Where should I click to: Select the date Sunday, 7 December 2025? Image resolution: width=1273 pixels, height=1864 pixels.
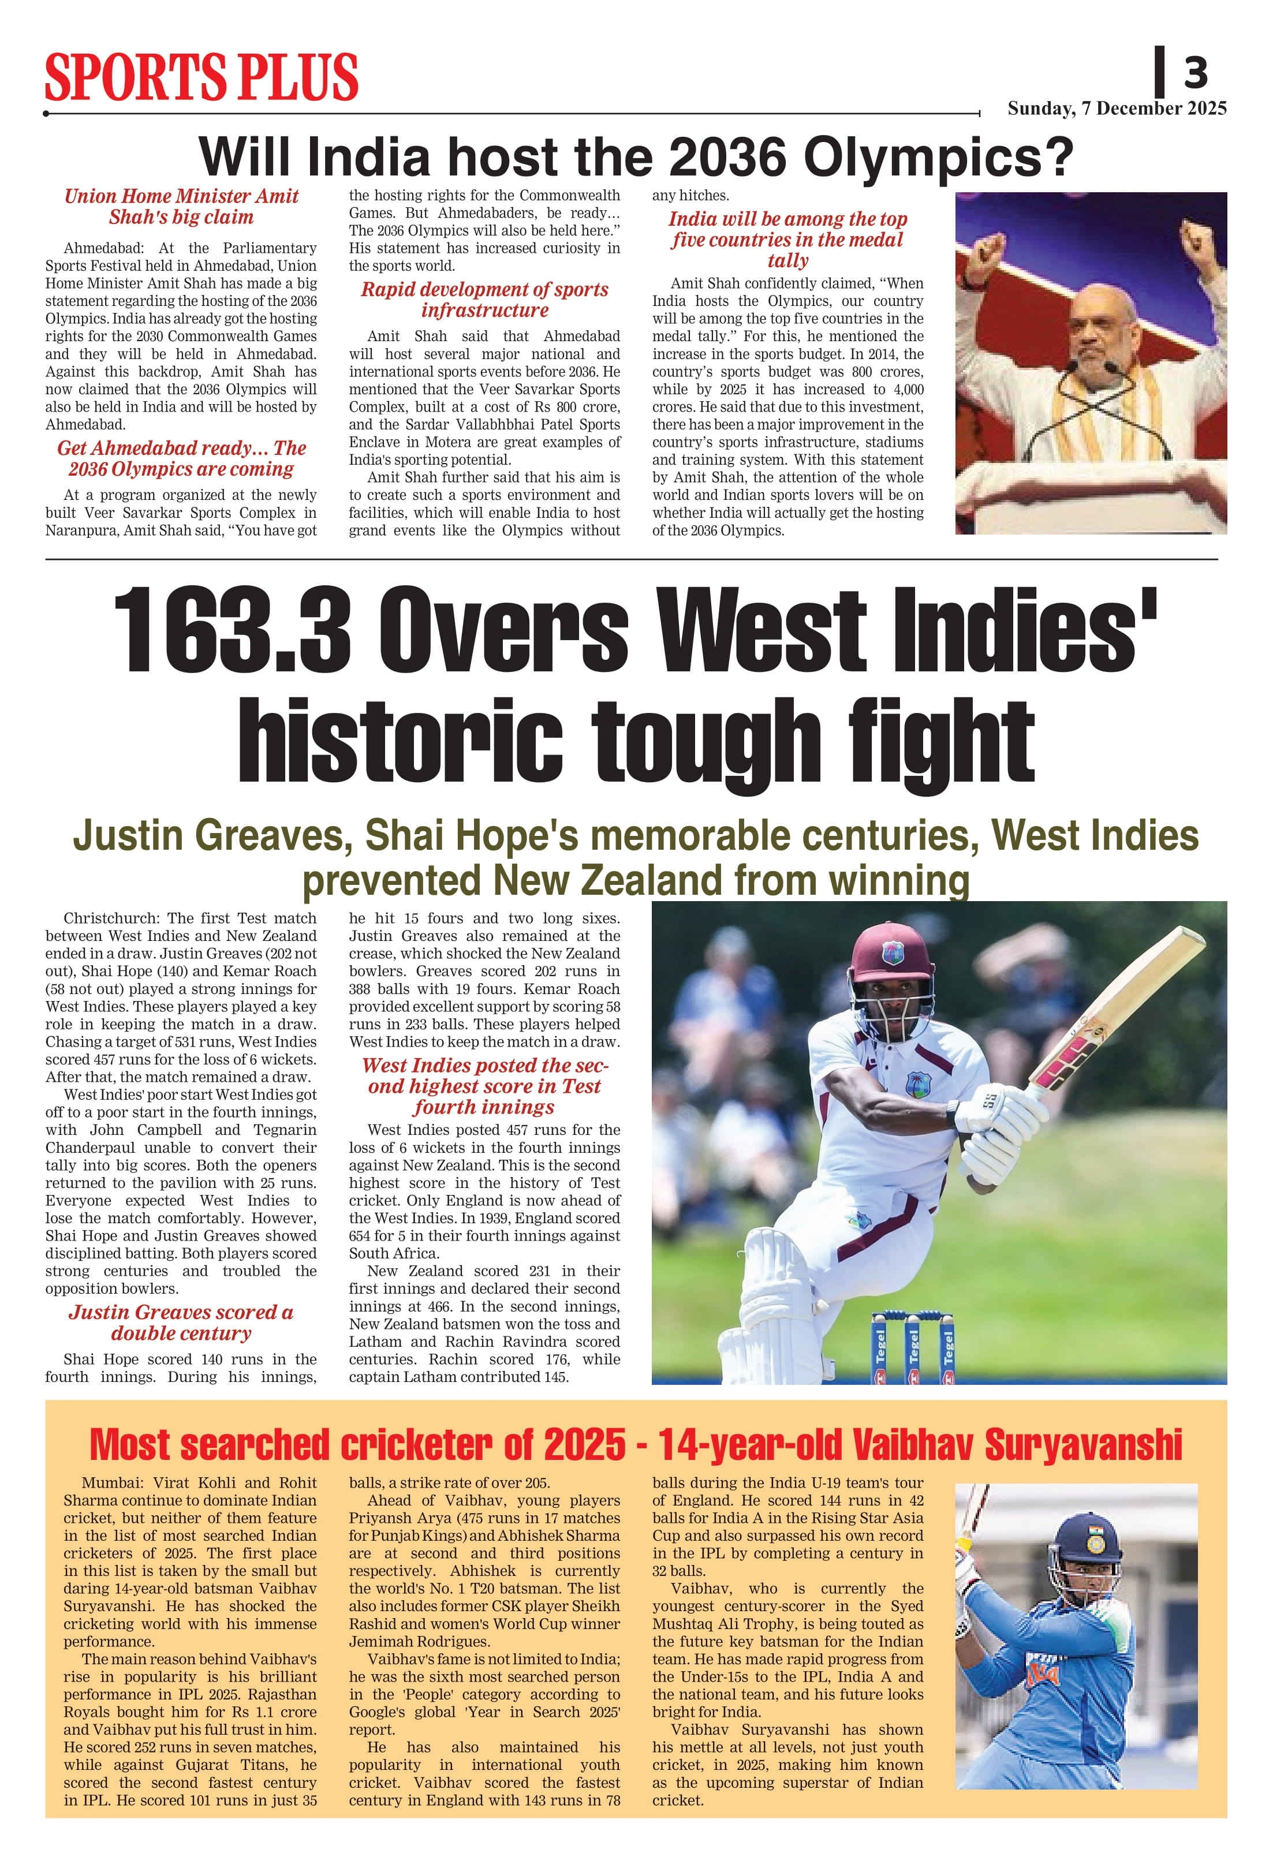pyautogui.click(x=1117, y=109)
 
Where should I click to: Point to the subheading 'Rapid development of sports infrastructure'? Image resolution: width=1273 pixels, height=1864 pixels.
pyautogui.click(x=484, y=300)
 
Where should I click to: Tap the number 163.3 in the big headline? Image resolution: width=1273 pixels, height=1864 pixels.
pyautogui.click(x=233, y=630)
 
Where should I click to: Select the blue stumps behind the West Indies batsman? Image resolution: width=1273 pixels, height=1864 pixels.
pyautogui.click(x=913, y=1347)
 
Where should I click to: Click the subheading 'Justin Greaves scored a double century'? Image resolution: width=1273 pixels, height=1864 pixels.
pyautogui.click(x=181, y=1323)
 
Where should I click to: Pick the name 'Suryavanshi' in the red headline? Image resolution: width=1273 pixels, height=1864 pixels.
pyautogui.click(x=1083, y=1444)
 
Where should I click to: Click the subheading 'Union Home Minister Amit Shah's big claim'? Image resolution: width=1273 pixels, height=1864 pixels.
pyautogui.click(x=181, y=207)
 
